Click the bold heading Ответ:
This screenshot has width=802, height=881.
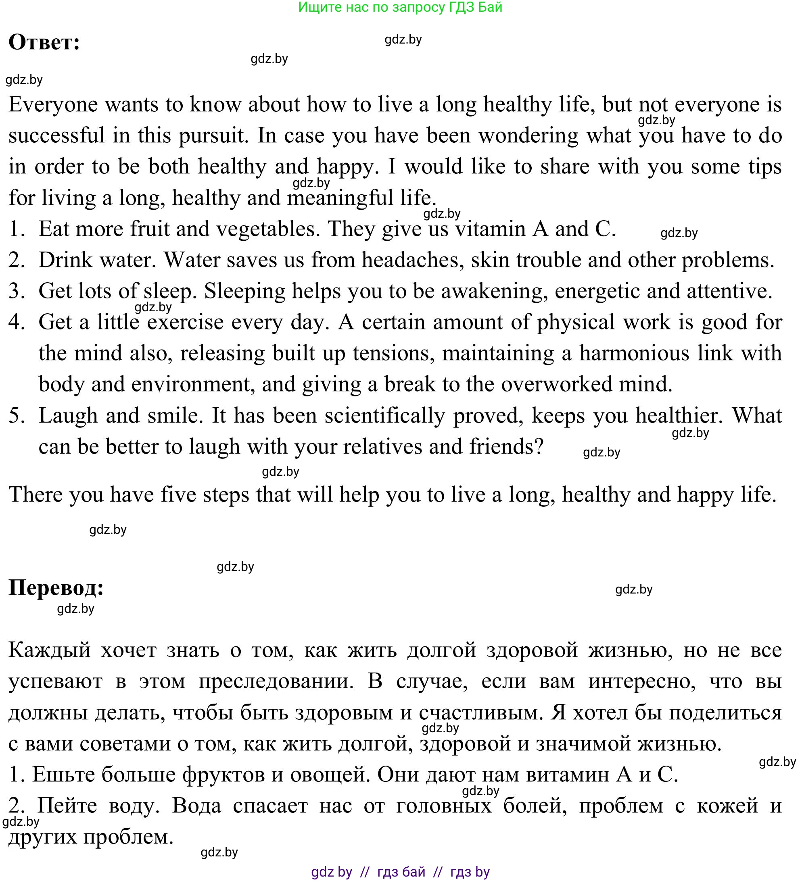tap(44, 43)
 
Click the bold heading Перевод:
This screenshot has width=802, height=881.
tap(56, 588)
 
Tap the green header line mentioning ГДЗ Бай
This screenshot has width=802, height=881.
tap(400, 7)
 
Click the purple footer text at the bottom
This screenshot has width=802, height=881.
tap(400, 872)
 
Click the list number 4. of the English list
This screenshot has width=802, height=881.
tap(17, 323)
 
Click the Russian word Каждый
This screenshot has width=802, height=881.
tap(49, 650)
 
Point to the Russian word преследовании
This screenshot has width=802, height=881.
tap(276, 681)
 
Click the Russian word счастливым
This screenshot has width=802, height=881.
tap(480, 712)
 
